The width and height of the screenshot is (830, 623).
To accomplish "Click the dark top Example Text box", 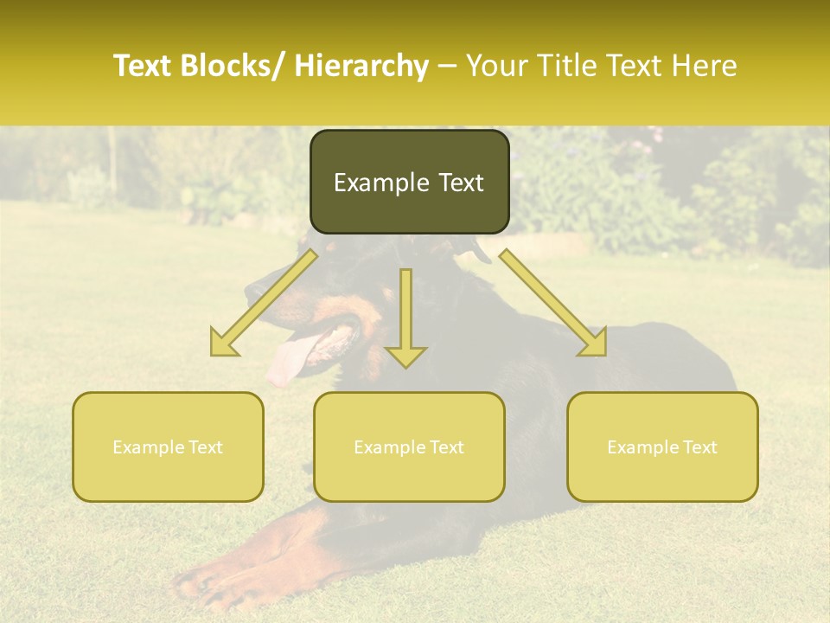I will coord(409,182).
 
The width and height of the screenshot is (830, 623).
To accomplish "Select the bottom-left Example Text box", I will coord(168,446).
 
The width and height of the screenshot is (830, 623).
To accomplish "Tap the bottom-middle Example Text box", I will coord(409,446).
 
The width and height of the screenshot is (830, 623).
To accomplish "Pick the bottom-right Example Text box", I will coord(662,446).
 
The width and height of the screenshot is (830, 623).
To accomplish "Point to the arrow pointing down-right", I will coord(554,304).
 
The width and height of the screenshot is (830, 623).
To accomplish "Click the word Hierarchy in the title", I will coord(361,66).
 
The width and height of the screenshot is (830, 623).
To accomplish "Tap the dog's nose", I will coord(250,290).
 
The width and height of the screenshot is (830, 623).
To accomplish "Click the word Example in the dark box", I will coord(374,183).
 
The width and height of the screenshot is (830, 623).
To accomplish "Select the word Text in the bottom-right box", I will coord(699,447).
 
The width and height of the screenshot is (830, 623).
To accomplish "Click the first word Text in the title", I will coord(143,66).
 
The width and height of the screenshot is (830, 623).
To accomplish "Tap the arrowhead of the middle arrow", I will coord(405,356).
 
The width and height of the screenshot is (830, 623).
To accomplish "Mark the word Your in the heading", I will coord(496,66).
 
